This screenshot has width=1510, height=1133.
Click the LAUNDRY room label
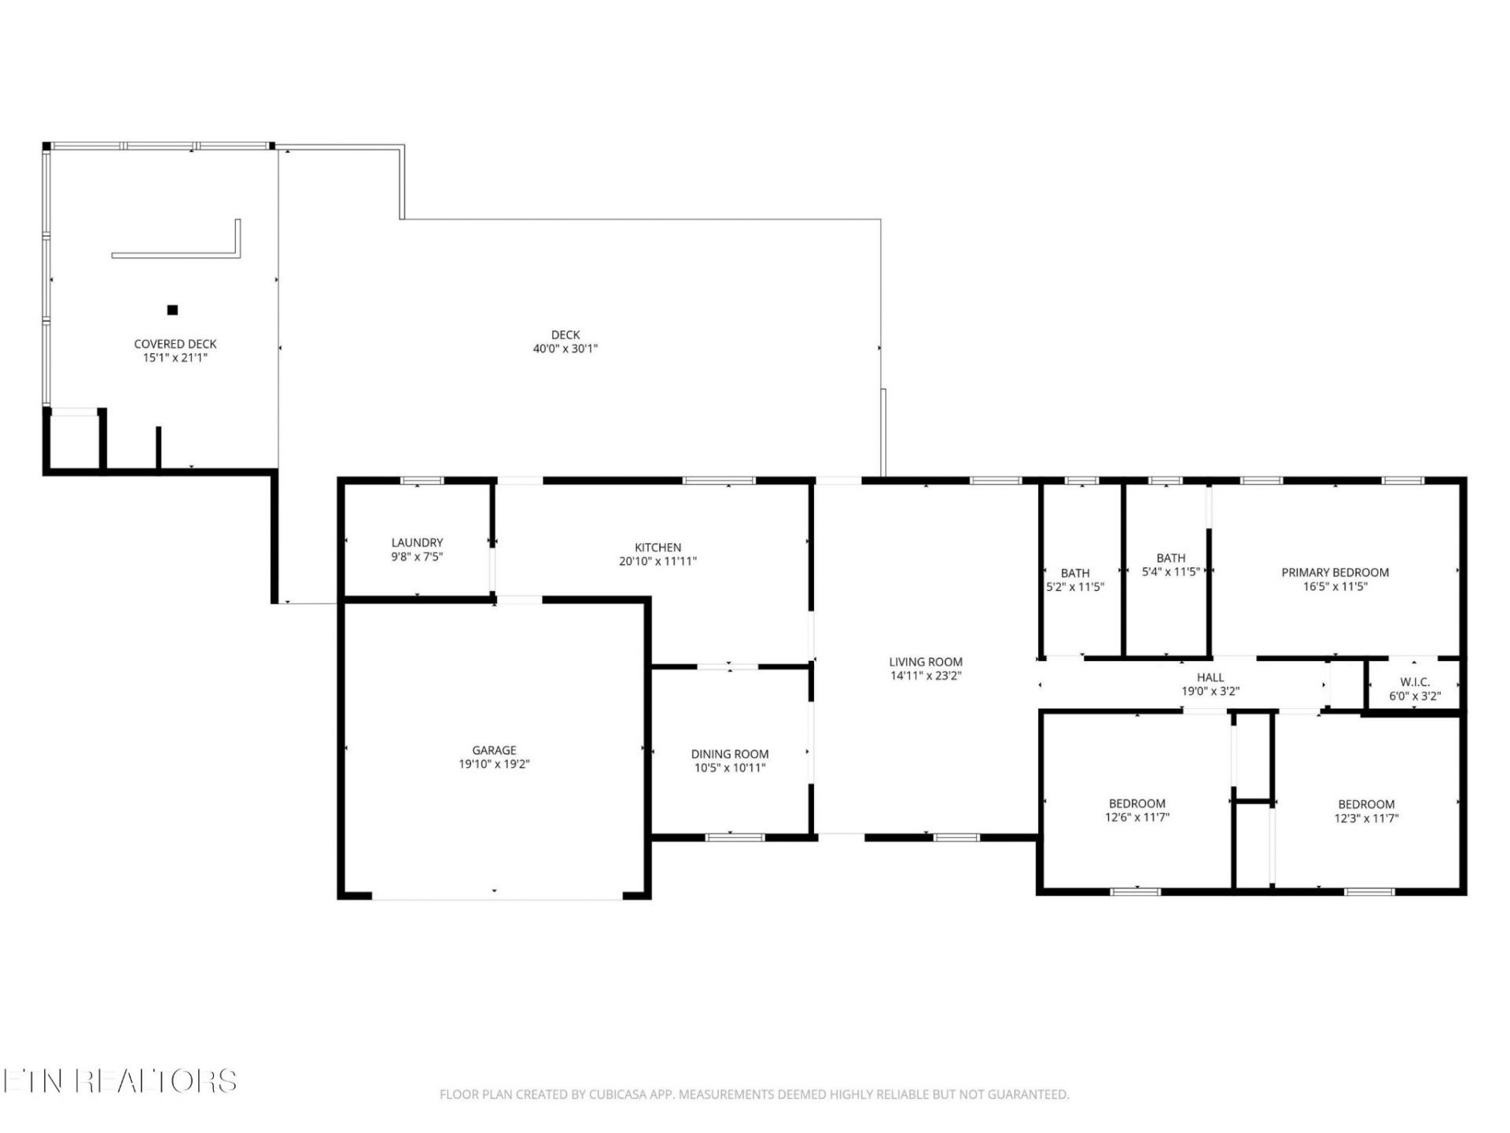click(417, 543)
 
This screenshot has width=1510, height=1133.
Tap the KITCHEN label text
click(658, 548)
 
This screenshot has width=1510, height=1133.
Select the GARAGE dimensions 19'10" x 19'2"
click(494, 764)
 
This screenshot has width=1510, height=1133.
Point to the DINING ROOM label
click(730, 754)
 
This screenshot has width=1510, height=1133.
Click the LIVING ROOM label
click(926, 662)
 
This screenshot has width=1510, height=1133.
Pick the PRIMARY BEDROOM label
click(1335, 573)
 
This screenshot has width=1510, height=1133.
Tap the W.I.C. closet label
click(1415, 682)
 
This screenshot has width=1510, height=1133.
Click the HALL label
click(1210, 677)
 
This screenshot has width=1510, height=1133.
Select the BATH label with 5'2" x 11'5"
click(1075, 573)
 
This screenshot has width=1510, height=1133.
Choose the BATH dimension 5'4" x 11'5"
click(1171, 572)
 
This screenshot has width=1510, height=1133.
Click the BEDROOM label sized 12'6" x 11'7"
click(1137, 803)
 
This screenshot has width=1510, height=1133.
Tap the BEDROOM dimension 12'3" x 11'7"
click(1367, 818)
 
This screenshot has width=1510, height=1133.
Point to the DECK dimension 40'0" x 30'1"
click(565, 349)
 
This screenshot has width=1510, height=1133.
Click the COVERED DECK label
click(175, 344)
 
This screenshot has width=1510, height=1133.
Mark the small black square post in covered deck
click(172, 310)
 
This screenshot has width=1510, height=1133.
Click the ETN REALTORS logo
click(120, 1080)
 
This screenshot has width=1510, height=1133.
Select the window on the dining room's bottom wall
click(735, 837)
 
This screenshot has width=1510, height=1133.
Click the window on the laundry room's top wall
click(422, 481)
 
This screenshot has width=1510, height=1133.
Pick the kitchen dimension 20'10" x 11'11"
click(658, 562)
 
